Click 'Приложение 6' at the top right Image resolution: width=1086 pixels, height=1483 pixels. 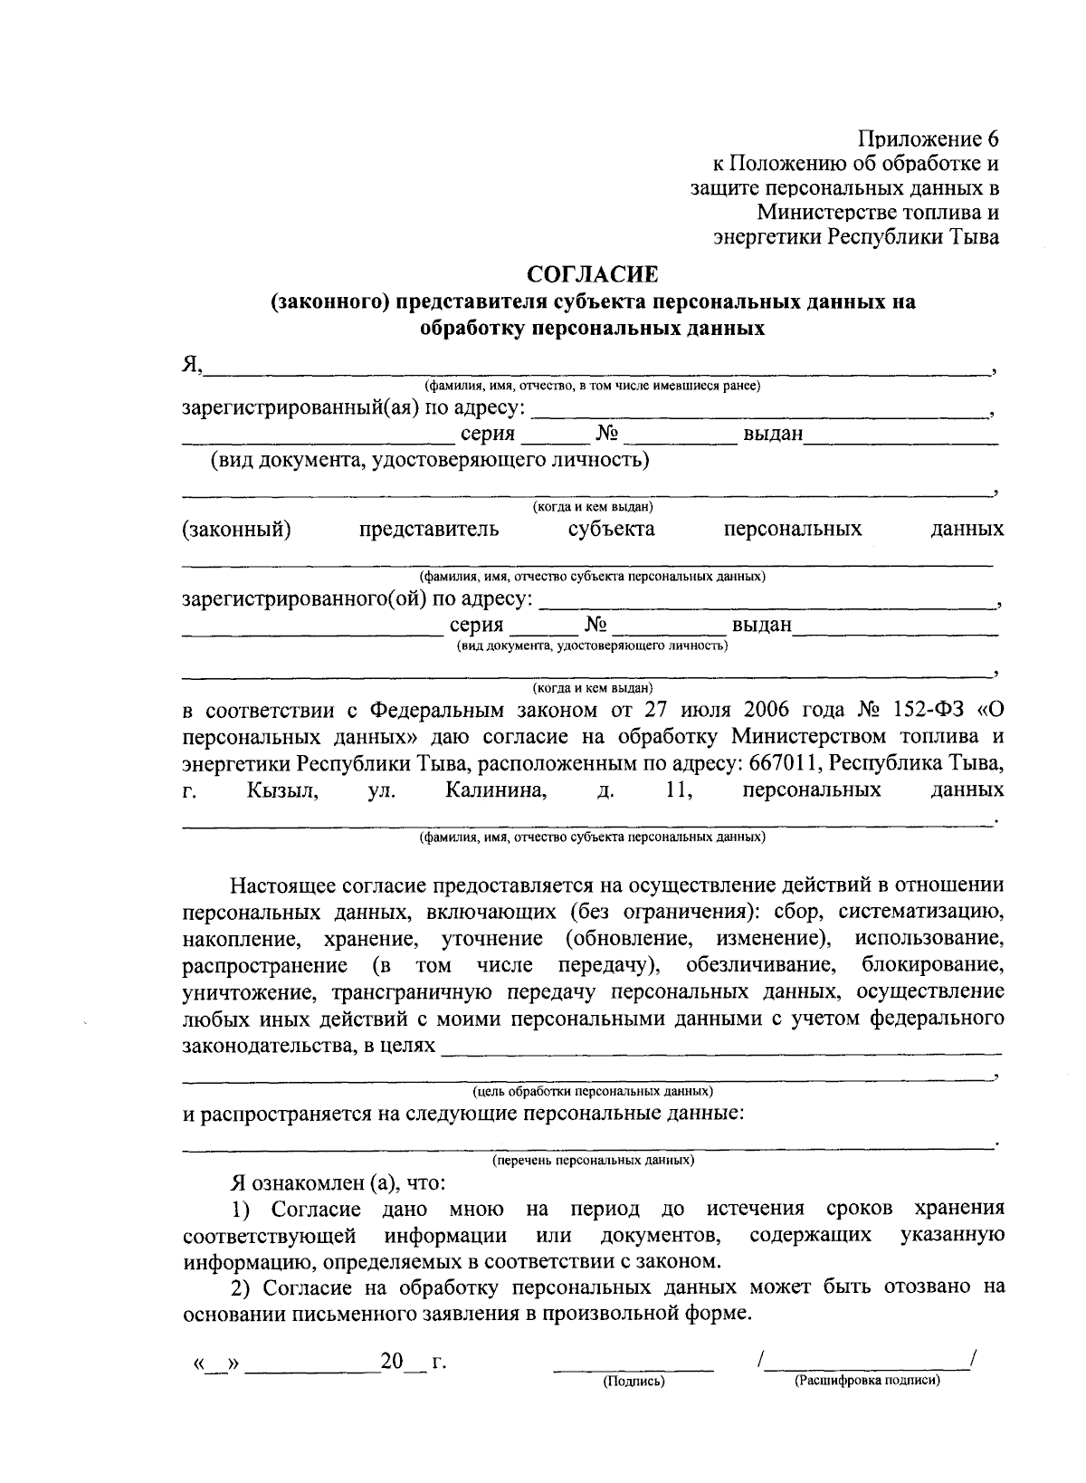[929, 139]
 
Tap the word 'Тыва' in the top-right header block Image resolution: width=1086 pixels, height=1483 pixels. [973, 237]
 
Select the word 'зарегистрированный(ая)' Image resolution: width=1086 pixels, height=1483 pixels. [299, 408]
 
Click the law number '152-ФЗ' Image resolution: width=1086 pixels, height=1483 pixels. [927, 708]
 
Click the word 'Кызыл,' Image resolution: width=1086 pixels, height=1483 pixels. [281, 789]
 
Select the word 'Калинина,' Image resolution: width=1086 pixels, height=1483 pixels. [496, 789]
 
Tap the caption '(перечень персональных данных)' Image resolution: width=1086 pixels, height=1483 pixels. [593, 1159]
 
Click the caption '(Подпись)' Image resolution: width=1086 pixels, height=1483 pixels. [633, 1381]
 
